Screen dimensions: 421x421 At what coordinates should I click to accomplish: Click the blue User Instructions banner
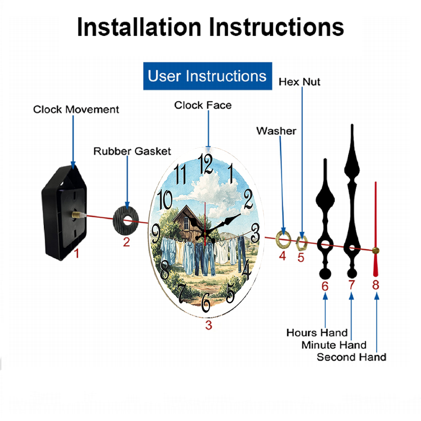pos(208,76)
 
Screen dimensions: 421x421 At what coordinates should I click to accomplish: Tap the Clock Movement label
pos(76,109)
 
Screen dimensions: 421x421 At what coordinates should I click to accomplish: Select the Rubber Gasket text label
pos(132,151)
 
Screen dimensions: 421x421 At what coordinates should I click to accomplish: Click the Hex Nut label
pos(299,82)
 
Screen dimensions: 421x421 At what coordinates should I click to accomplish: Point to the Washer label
pos(276,131)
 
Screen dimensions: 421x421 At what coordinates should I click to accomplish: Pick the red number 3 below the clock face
pos(209,325)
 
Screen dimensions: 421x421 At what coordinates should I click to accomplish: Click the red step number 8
pos(376,285)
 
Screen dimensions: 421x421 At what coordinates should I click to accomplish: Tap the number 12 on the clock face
pos(205,164)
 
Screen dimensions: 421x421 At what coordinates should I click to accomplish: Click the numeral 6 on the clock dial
pos(206,302)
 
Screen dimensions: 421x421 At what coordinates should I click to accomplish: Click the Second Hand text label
pos(352,357)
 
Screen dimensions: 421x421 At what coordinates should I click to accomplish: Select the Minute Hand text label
pos(334,345)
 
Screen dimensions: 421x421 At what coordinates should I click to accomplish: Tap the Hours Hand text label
pos(317,333)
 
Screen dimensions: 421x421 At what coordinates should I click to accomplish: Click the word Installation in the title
pos(139,27)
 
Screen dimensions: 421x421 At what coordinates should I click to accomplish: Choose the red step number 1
pos(77,253)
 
